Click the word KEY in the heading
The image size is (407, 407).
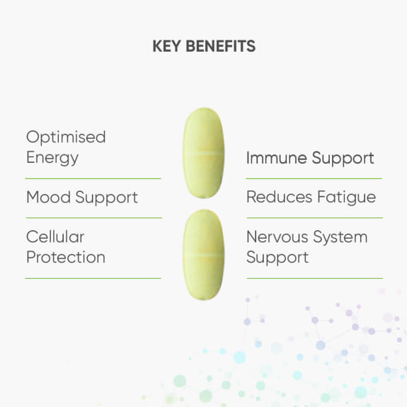click(166, 47)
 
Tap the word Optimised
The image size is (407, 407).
click(66, 137)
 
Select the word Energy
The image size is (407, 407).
click(52, 158)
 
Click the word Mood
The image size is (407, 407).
click(50, 197)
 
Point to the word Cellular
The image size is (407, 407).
click(55, 236)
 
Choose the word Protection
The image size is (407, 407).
click(66, 257)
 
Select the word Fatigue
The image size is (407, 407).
click(346, 197)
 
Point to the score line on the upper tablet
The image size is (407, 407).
click(204, 151)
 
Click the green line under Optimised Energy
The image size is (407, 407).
click(93, 178)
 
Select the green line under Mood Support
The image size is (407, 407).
click(93, 217)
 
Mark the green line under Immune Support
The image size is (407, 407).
click(314, 178)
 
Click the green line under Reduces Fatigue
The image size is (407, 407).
click(314, 217)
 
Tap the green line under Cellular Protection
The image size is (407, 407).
click(93, 278)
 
